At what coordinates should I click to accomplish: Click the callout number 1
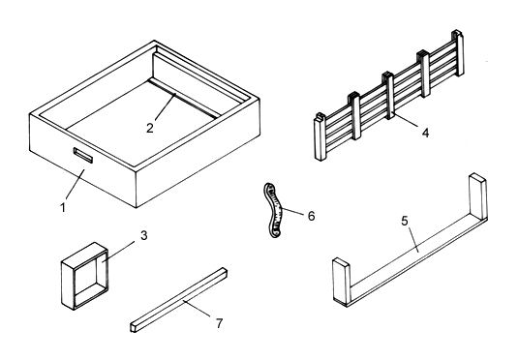pos(63,208)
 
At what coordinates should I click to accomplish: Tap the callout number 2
pos(150,128)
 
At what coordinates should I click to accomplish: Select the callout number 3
pos(143,235)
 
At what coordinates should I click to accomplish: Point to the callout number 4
pos(425,133)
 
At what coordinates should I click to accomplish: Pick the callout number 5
pos(405,221)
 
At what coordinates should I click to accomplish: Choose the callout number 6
pos(311,216)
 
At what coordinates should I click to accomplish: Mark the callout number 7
pos(220,323)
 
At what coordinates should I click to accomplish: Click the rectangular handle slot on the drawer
pos(83,155)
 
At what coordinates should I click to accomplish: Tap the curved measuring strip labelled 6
pos(273,210)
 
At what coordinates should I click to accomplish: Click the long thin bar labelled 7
pos(179,300)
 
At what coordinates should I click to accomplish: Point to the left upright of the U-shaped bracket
pos(341,282)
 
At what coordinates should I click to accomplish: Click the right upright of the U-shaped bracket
pos(478,196)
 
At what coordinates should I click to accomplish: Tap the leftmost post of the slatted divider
pos(321,137)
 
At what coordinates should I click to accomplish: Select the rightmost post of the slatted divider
pos(458,53)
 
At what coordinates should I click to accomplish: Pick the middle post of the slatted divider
pos(388,95)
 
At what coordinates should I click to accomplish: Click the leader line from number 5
pos(413,240)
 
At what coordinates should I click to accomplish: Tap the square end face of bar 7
pos(134,327)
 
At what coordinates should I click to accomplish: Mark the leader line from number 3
pos(118,252)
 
